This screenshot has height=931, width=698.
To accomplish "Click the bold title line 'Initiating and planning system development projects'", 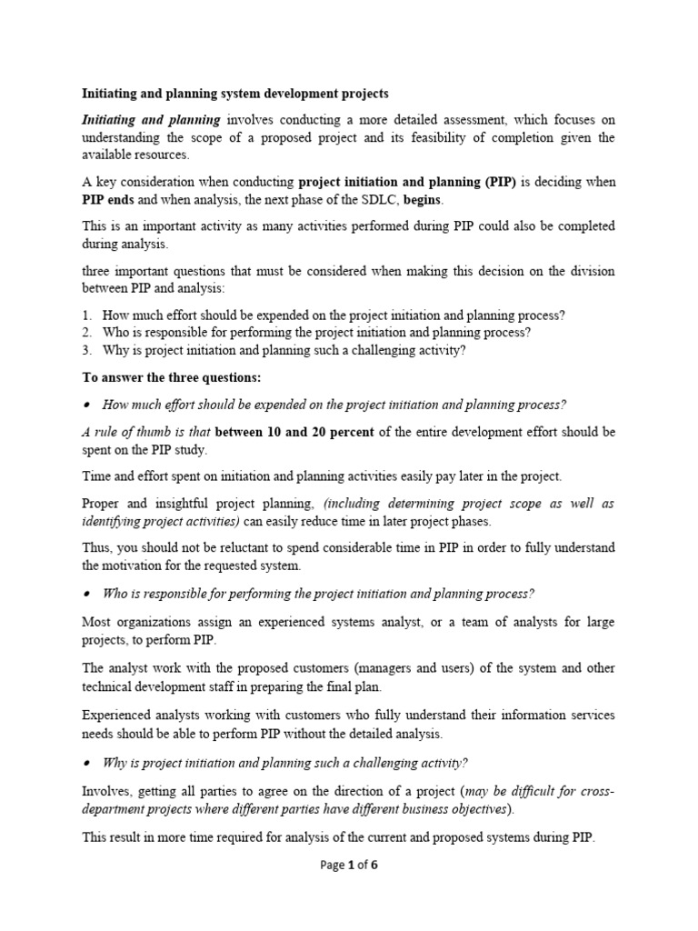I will [x=235, y=93].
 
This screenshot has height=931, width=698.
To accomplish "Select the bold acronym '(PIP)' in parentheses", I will [x=496, y=182].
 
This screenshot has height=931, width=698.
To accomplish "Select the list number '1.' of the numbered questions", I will [x=87, y=315].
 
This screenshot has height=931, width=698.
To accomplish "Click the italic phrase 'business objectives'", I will [x=450, y=809].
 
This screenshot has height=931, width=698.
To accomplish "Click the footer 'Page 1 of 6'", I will [x=349, y=865].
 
